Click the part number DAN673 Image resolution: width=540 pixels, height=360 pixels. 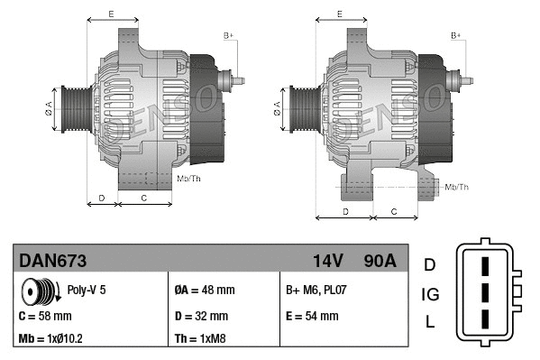tap(53, 261)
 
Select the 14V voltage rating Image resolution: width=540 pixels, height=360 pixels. tap(328, 261)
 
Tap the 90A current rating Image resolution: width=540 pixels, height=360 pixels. tap(379, 261)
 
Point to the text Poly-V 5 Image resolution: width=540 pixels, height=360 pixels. tap(87, 291)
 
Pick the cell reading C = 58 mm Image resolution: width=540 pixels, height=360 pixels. tap(45, 317)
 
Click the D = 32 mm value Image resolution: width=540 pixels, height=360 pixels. tap(201, 317)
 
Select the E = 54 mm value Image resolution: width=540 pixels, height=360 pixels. tap(312, 316)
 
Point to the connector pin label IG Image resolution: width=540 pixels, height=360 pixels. tap(430, 294)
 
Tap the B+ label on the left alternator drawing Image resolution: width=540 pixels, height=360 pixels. tap(229, 35)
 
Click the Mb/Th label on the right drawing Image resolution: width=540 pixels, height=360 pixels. tap(457, 187)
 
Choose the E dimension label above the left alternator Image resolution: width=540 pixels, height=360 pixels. tap(110, 14)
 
